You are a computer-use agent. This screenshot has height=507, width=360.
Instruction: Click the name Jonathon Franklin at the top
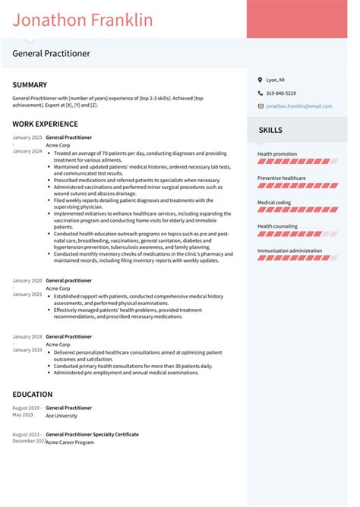click(x=82, y=20)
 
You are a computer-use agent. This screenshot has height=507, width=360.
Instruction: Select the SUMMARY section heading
click(x=30, y=85)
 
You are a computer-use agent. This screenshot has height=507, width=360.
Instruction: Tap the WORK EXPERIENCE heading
click(x=45, y=123)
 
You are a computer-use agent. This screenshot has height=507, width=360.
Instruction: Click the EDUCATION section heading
click(x=33, y=395)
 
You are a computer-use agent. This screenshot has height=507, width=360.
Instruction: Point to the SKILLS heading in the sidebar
click(x=270, y=131)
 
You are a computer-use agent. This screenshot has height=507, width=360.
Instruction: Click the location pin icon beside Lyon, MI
click(x=260, y=80)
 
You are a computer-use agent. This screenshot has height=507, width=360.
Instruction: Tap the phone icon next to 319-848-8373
click(x=260, y=93)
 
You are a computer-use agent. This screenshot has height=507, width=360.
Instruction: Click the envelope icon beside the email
click(x=260, y=106)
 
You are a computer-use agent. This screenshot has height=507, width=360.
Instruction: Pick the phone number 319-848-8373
click(x=283, y=93)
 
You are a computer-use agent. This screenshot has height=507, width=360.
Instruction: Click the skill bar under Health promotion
click(x=297, y=162)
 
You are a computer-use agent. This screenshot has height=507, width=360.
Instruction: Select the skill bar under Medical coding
click(x=297, y=209)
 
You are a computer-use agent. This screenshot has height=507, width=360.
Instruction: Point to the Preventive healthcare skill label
click(x=282, y=178)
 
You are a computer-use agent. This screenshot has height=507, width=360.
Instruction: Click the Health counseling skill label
click(x=277, y=226)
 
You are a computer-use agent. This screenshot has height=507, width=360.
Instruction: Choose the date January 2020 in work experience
click(x=27, y=281)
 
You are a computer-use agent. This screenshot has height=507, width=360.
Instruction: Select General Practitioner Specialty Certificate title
click(x=92, y=434)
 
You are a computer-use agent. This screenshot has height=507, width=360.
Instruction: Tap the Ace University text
click(x=61, y=416)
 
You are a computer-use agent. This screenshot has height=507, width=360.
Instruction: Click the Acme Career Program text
click(x=70, y=442)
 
